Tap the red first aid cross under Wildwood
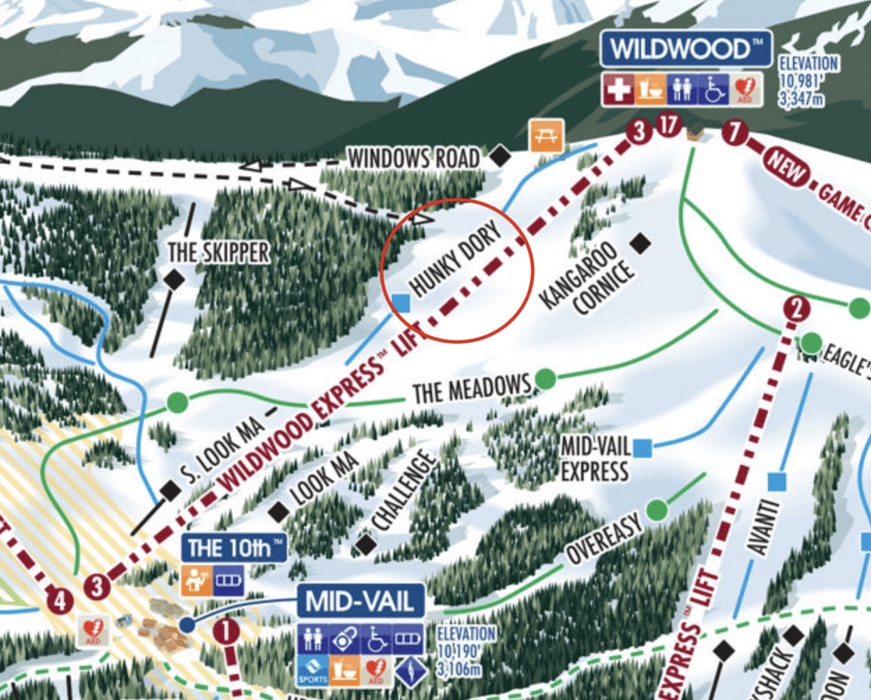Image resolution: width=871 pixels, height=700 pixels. coord(618,90)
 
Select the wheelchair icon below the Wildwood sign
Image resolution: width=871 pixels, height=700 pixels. coord(714,90)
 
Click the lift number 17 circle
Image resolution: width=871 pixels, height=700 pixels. coord(669,125)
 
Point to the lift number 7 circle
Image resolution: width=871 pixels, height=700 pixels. coord(734,131)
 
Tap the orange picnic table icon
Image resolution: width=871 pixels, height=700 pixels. coord(546,135)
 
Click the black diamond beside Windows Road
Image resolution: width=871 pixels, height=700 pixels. coord(500,156)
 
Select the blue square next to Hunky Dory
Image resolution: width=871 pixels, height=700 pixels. coord(401,303)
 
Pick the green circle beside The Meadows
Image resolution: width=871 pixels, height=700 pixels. coord(545,379)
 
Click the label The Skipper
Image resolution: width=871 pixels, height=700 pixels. coord(218,252)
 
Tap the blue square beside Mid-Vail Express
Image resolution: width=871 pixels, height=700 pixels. coord(642,448)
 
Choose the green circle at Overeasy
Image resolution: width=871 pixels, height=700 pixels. coord(656,510)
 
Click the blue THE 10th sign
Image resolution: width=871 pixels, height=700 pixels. coord(234,548)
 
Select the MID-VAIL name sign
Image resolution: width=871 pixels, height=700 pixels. coord(361,602)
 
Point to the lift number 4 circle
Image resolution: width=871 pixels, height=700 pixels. coord(59,600)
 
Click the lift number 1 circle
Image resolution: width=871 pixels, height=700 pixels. coord(226,632)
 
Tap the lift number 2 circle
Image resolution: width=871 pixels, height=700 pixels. coord(796,309)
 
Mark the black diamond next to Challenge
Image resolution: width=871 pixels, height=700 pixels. coord(366,543)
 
